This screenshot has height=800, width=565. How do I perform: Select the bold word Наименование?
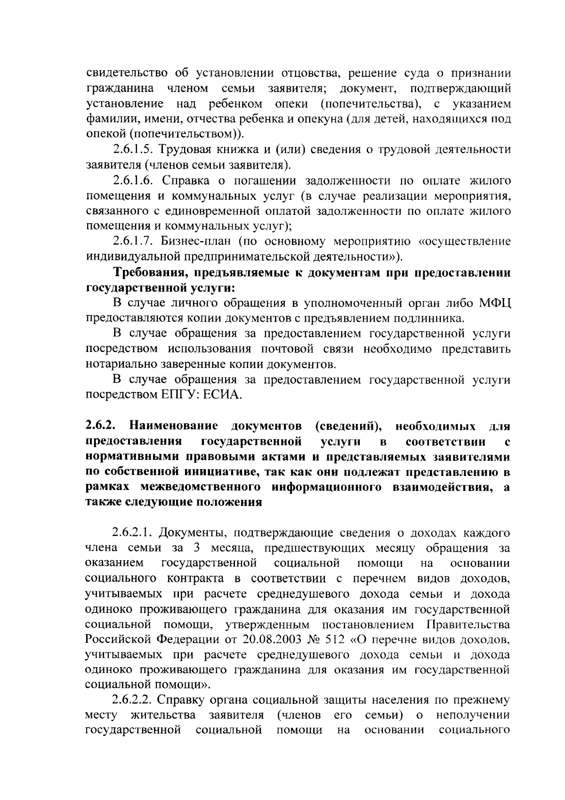click(174, 426)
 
